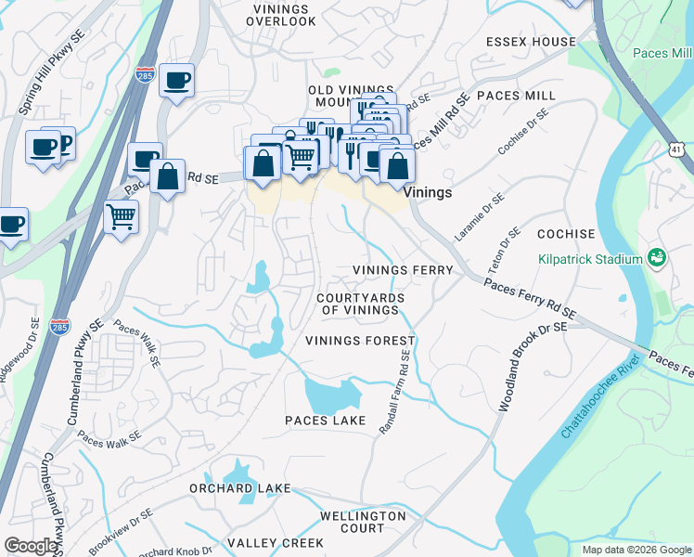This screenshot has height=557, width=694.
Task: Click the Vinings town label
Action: tap(429, 192)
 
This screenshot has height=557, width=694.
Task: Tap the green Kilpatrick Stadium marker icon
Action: tap(657, 257)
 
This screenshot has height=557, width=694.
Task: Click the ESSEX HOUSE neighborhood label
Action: tap(531, 42)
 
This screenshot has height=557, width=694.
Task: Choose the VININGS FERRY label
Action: tap(403, 270)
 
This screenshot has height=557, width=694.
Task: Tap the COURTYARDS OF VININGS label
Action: tap(360, 304)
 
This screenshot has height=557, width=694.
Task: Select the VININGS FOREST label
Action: tap(360, 341)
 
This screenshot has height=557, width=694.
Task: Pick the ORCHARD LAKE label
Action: tap(239, 488)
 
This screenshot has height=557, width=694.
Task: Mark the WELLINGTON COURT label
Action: tap(363, 522)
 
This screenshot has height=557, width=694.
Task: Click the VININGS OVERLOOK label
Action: tap(266, 14)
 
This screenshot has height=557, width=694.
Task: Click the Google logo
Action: tap(31, 546)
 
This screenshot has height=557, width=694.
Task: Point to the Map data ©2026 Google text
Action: tap(636, 550)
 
